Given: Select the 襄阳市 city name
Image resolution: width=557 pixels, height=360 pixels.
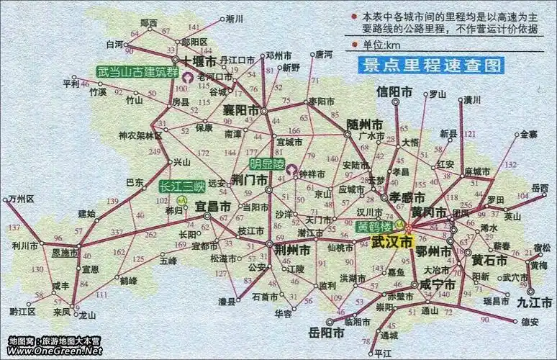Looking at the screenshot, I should [x=241, y=110].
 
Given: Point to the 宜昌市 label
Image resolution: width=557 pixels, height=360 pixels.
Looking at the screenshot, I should [x=213, y=207].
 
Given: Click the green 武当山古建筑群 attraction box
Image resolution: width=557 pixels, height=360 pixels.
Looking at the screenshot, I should [x=137, y=71].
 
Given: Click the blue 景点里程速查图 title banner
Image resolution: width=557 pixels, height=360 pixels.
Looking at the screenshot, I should [x=431, y=66].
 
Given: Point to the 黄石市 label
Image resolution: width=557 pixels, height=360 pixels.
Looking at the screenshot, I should [x=491, y=259].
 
